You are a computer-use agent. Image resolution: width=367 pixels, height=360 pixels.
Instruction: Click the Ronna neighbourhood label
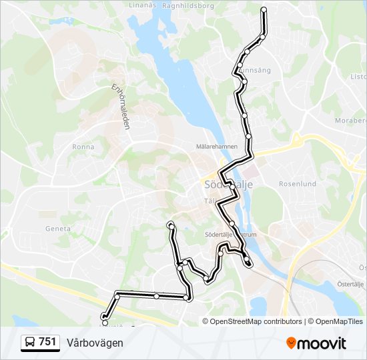[x=84, y=147]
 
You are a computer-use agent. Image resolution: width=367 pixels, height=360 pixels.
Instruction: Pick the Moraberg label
[x=352, y=121]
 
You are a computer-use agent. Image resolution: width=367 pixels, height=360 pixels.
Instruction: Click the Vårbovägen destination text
[x=95, y=343]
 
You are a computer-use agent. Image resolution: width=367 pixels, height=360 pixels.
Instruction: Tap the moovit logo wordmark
[x=323, y=343]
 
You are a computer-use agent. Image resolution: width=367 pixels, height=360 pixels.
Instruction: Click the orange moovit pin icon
[x=292, y=343]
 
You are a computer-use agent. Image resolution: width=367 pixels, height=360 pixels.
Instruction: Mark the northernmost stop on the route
[x=264, y=10]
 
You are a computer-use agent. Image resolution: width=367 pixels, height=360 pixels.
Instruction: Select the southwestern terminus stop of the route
[x=104, y=323]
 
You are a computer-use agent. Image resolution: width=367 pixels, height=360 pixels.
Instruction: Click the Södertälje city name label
[x=223, y=185]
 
